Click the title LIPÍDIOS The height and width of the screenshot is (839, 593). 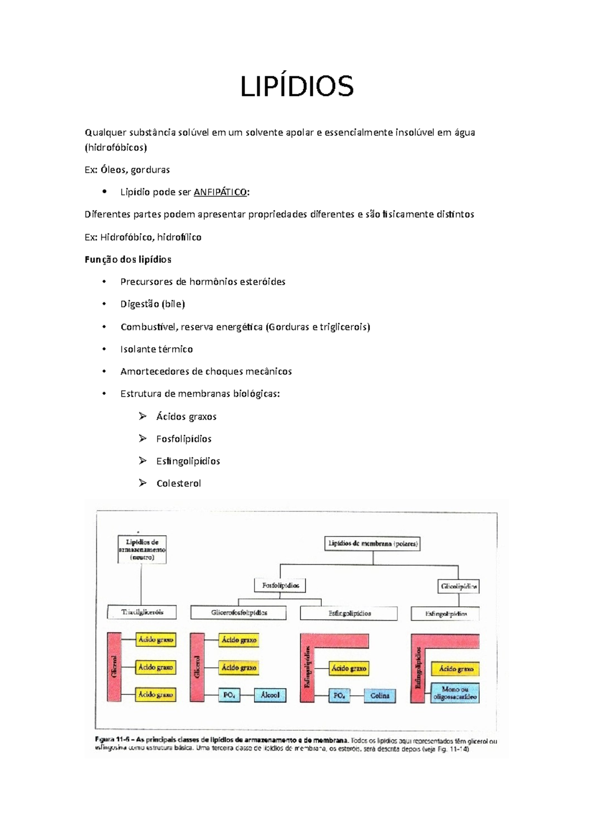[x=296, y=87]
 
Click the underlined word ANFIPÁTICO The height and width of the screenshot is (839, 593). [x=220, y=192]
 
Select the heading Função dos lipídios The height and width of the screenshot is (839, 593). [x=128, y=259]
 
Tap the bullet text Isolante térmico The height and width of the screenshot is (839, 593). [x=156, y=349]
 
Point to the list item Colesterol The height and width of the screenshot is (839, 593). [x=178, y=483]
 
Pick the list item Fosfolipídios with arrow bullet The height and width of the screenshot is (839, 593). [x=183, y=439]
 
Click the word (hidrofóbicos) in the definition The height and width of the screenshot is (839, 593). [x=116, y=147]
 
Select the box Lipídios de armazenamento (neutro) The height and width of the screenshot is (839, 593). [x=142, y=549]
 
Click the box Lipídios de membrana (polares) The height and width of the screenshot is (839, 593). [x=373, y=544]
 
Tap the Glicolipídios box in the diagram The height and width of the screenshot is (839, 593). [x=459, y=587]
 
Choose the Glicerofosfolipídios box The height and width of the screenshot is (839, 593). [x=239, y=613]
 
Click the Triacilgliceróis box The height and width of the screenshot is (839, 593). [x=142, y=612]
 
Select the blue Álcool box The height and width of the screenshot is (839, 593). [x=270, y=695]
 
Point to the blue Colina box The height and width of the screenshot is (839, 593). [x=380, y=695]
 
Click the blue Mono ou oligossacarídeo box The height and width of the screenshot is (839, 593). [x=455, y=693]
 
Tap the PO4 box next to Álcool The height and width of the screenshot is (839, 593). [x=229, y=695]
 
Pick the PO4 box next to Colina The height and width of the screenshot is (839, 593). [x=339, y=695]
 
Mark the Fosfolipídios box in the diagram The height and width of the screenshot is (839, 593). [x=280, y=586]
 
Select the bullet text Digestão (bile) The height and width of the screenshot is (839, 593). [x=152, y=304]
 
